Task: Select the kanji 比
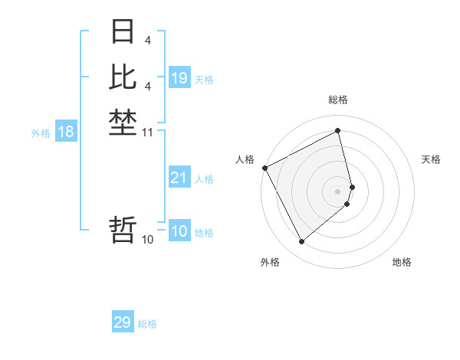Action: [123, 77]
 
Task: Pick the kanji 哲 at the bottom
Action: [123, 231]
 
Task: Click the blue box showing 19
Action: [179, 78]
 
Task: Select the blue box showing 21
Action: [179, 178]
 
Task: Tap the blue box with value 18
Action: [66, 132]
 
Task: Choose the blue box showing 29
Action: [123, 322]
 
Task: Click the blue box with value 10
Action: [179, 231]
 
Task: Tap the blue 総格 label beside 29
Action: [147, 324]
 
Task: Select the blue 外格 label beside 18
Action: [41, 133]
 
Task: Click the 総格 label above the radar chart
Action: [338, 100]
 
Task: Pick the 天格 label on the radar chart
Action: [431, 159]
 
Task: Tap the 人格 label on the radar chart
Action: [245, 159]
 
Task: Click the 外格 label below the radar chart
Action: [270, 263]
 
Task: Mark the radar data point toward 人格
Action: [265, 168]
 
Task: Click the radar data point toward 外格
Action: [302, 242]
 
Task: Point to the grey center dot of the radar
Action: [338, 191]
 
